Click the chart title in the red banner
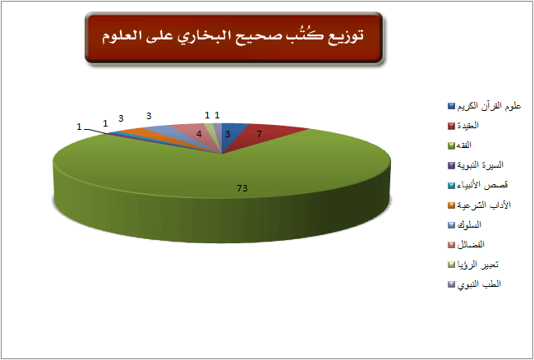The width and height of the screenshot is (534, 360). [x=233, y=36]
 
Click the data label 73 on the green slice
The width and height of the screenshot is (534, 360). [x=242, y=188]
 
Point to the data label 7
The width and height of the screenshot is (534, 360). [x=259, y=134]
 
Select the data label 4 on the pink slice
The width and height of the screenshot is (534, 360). [x=200, y=134]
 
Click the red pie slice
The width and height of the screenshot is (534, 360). [x=262, y=136]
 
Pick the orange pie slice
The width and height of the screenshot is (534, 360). [x=143, y=134]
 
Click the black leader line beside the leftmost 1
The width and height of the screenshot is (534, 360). [x=95, y=132]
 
